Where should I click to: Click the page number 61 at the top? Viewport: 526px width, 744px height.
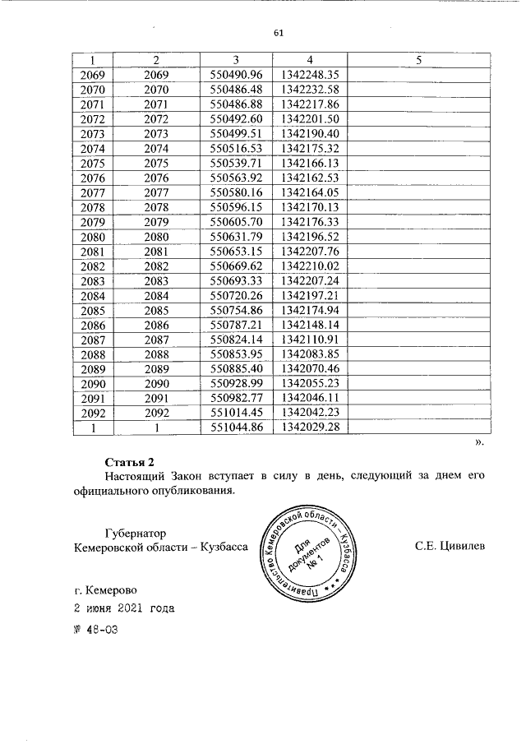coord(278,34)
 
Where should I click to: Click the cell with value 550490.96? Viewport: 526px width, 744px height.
coord(236,75)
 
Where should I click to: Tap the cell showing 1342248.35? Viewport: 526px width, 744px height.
coord(310,75)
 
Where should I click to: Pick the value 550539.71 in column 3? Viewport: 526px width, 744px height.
coord(236,163)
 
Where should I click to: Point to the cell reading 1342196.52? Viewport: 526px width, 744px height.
coord(310,237)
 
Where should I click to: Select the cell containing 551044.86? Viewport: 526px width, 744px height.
coord(236,427)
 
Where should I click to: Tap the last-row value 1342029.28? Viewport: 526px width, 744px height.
coord(310,427)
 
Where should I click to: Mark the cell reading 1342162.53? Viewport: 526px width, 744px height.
coord(310,178)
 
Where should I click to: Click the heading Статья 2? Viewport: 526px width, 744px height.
coord(130,460)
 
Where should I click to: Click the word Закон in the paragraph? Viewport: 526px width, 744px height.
coord(201,476)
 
